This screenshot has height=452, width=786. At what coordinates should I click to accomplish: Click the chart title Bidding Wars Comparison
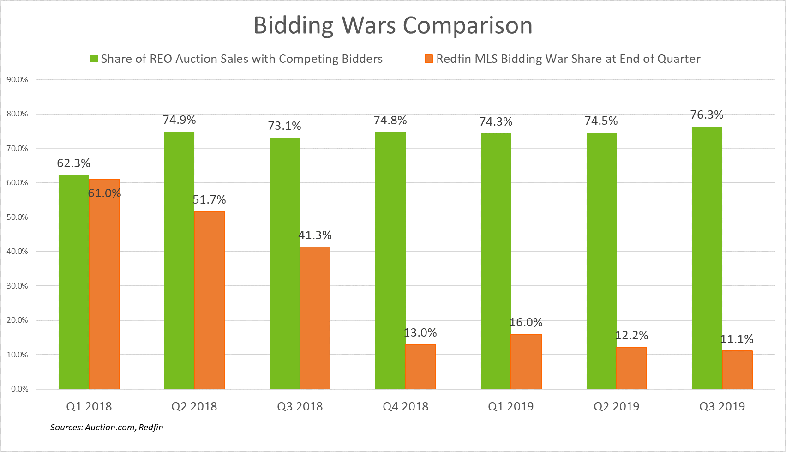point(393,25)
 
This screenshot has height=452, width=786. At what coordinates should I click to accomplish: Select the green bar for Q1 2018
point(73,282)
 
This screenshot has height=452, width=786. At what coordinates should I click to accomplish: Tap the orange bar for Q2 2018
point(210,300)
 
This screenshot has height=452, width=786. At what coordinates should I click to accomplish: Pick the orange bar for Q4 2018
point(420,367)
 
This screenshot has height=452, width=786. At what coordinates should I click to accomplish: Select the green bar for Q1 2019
point(496,261)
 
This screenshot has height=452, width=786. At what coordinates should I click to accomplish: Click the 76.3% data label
point(707,115)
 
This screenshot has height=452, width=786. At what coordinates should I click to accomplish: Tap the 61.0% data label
point(105,193)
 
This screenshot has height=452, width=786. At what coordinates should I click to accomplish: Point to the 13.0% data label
point(420,333)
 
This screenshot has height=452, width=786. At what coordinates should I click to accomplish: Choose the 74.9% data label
point(179,120)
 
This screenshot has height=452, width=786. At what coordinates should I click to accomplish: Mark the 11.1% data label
point(737,339)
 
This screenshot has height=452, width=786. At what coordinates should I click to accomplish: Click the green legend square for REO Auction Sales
point(94,59)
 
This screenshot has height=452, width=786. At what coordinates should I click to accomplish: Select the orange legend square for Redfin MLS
point(429,59)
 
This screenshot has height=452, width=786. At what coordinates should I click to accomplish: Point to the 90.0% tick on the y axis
point(18,79)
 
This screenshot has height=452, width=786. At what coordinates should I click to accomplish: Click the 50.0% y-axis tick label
point(18,217)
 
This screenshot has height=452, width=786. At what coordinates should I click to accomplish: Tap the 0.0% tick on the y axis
point(19,389)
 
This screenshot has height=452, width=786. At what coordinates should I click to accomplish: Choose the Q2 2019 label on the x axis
point(616,406)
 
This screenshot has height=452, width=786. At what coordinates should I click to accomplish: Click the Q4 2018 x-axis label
point(405,406)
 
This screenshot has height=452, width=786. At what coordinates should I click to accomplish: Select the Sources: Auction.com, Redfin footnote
point(107,427)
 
